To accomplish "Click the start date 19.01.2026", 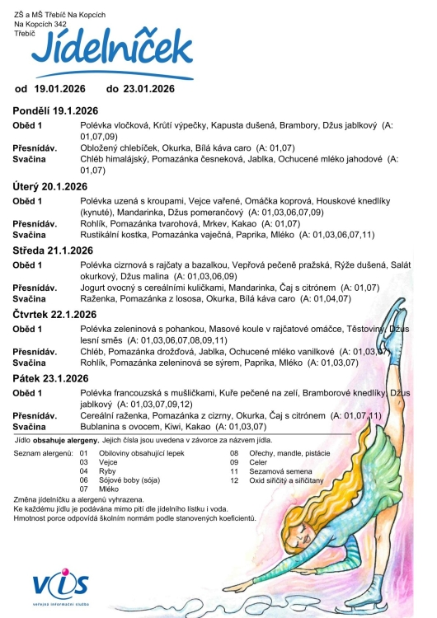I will coord(62,88).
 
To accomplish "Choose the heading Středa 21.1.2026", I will coord(50,250).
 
